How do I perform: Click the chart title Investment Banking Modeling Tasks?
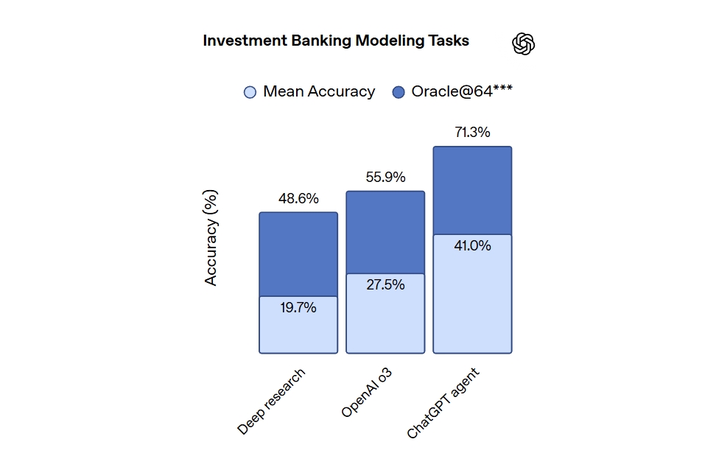pos(336,41)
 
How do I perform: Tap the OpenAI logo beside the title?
pos(523,44)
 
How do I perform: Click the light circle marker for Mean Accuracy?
pos(250,93)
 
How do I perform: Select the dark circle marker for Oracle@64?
pos(399,93)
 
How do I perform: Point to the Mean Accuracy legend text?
pos(319,92)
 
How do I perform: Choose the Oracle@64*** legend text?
pos(462,92)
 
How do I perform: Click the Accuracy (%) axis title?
pos(211,237)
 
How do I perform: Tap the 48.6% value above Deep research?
pos(298,199)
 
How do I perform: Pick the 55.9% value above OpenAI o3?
pos(385,178)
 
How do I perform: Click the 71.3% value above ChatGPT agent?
pos(472,133)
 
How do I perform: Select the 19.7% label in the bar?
pos(298,308)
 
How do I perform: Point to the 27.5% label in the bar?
pos(385,285)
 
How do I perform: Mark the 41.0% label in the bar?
pos(472,246)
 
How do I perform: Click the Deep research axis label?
pos(271,401)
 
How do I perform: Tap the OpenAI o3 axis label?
pos(366,393)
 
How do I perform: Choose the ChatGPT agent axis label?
pos(443,404)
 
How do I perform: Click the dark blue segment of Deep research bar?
pos(298,254)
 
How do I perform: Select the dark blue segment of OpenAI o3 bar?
pos(385,232)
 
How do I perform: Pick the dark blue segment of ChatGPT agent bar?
pos(472,190)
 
